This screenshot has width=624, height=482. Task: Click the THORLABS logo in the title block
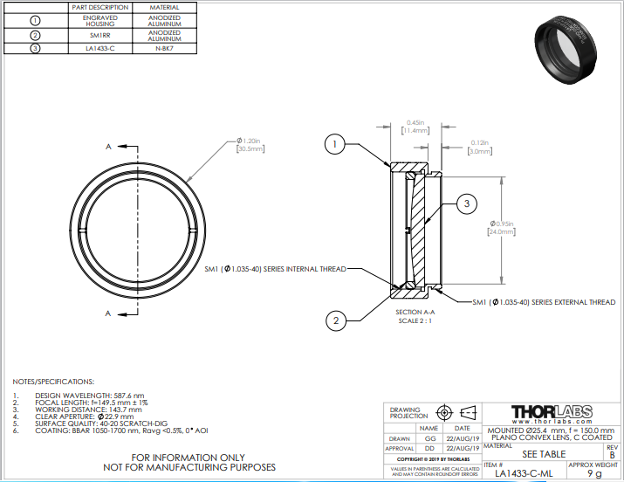(551, 412)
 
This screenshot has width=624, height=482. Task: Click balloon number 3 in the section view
(466, 203)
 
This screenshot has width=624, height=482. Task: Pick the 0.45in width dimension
(415, 127)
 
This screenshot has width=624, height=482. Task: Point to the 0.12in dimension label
(479, 147)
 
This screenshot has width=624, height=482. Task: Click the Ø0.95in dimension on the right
(501, 227)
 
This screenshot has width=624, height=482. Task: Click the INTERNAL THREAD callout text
(275, 269)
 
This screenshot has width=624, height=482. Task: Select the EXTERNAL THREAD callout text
(544, 302)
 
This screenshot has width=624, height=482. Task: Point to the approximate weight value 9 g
(593, 473)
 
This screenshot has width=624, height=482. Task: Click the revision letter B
(611, 455)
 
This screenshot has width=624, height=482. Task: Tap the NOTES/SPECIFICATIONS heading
(51, 382)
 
